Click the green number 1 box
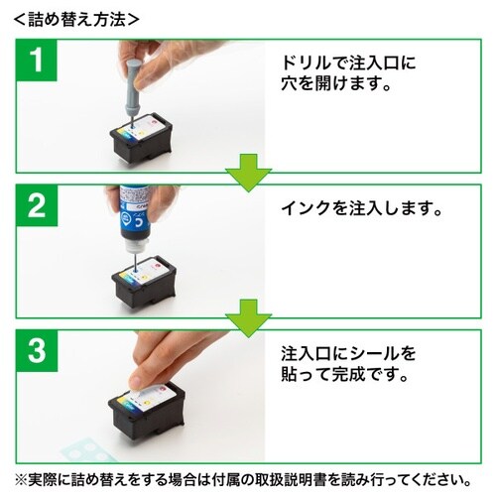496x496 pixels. click(37, 62)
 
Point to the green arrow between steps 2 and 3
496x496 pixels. click(248, 318)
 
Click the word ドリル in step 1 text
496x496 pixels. click(305, 62)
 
